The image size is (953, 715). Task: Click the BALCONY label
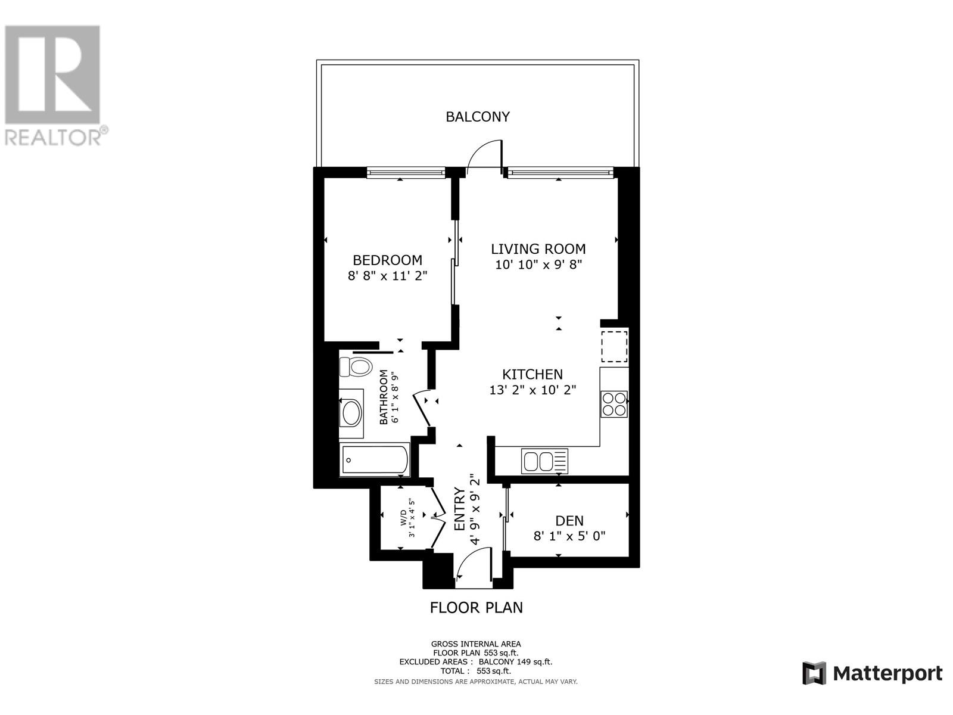click(478, 117)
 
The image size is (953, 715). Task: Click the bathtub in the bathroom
click(374, 459)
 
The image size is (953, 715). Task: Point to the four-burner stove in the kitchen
click(613, 403)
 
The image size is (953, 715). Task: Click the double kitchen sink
click(544, 461)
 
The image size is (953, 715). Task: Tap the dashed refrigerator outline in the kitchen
click(613, 347)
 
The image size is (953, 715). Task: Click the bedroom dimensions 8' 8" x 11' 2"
click(388, 276)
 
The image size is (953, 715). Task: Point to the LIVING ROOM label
click(538, 249)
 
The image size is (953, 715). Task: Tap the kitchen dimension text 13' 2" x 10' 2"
click(532, 390)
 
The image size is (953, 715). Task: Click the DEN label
click(569, 521)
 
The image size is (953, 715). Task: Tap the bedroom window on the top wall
click(406, 173)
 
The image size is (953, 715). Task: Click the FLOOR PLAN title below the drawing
click(476, 607)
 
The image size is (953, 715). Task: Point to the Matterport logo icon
click(814, 673)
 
